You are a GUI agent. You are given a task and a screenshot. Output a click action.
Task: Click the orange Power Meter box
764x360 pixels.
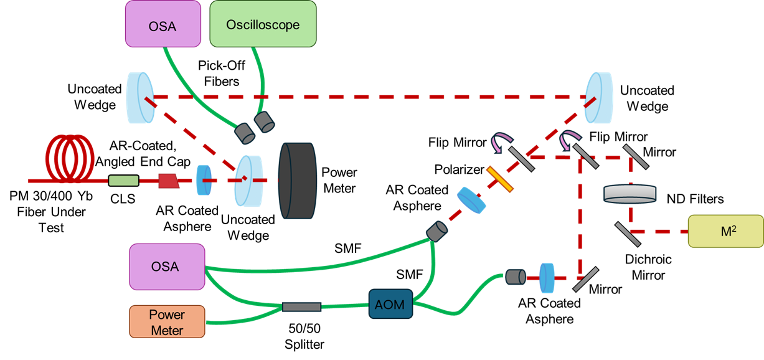tap(167, 321)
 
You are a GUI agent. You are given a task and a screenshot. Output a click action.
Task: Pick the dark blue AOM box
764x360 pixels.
tap(390, 304)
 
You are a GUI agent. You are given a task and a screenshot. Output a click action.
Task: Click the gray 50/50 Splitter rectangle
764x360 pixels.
tap(301, 306)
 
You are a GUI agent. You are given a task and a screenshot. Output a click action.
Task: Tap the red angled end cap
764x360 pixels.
tap(168, 181)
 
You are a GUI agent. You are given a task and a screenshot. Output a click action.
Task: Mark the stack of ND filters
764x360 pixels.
tap(631, 194)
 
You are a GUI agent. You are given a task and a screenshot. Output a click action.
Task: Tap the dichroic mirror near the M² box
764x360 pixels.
tap(628, 234)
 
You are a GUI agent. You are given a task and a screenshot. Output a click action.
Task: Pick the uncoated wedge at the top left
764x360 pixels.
tap(141, 97)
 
